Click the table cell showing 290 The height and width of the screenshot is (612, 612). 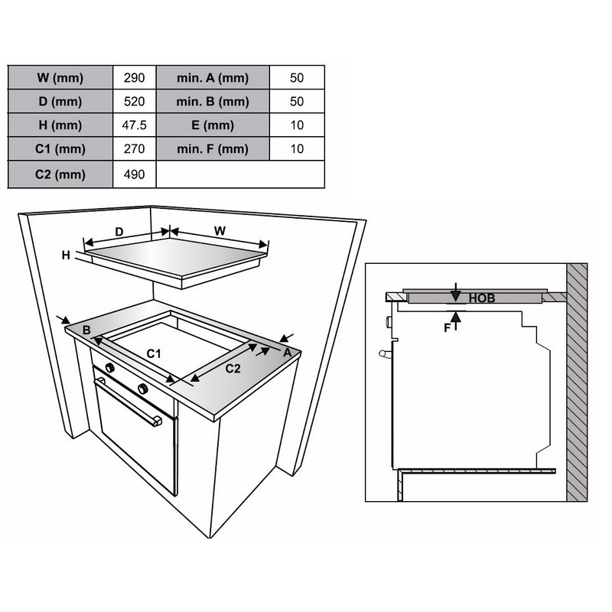(x=135, y=78)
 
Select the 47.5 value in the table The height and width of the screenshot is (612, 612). (x=135, y=125)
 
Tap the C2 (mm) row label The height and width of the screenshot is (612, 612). (x=60, y=174)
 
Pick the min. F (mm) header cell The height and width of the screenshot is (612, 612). (x=213, y=148)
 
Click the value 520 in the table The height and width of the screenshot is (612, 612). (x=135, y=102)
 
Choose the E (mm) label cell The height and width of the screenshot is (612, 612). (x=213, y=125)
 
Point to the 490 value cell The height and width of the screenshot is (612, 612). (x=135, y=174)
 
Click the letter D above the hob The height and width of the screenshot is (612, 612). (x=119, y=232)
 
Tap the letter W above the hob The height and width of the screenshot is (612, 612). (x=220, y=231)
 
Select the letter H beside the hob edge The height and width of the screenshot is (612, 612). (x=66, y=256)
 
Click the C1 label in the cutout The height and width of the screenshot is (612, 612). (x=154, y=353)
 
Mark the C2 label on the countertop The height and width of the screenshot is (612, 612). (x=233, y=369)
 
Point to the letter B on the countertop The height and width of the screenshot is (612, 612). (x=86, y=330)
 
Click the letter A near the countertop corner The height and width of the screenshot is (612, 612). (x=288, y=353)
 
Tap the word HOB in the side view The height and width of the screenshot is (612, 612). (x=482, y=298)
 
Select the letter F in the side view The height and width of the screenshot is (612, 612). (x=448, y=328)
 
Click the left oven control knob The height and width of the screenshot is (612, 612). (x=110, y=367)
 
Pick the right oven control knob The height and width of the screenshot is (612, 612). (x=143, y=389)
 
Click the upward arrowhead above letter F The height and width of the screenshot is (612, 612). (x=456, y=317)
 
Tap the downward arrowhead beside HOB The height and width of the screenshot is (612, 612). (x=455, y=296)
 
